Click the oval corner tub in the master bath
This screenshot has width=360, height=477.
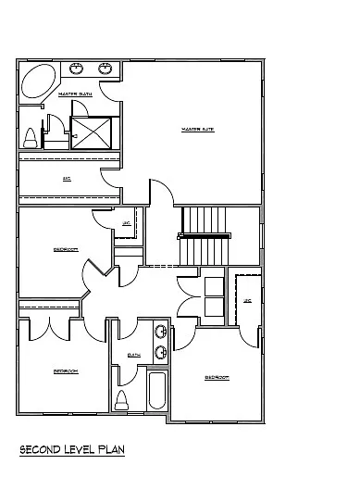[38, 82]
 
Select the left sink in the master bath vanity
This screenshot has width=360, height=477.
[77, 68]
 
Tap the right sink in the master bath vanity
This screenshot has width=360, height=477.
[105, 68]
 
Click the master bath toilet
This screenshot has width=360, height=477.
[31, 138]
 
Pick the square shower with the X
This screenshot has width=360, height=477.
[93, 132]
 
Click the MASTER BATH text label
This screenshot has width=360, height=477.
[74, 94]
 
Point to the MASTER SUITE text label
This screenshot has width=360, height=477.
[197, 129]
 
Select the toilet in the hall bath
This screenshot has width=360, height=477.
[121, 400]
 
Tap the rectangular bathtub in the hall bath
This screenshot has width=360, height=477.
[155, 391]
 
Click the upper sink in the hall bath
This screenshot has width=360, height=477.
[161, 333]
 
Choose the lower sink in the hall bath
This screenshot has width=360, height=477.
[161, 351]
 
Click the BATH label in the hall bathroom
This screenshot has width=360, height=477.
[133, 354]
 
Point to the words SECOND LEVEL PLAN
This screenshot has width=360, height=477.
[72, 449]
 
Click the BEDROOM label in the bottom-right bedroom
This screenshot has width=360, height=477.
[217, 378]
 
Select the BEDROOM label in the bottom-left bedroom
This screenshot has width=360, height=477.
[65, 370]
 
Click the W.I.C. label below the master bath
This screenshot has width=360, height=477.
[67, 178]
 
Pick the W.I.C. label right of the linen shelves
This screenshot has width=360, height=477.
[247, 301]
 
